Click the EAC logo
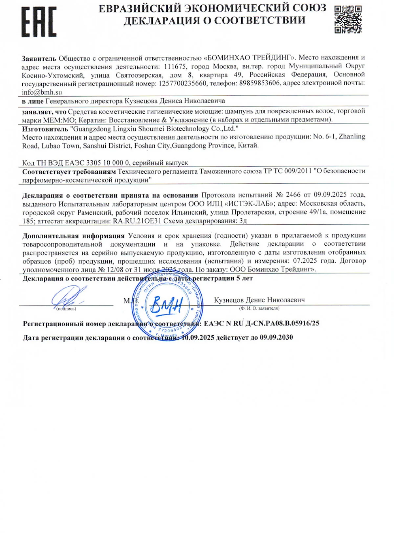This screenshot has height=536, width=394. coord(39,22)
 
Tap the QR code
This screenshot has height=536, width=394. coord(348,19)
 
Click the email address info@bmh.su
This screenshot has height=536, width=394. coord(42,92)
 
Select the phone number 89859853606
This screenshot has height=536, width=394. coord(259,83)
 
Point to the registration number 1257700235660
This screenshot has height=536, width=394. coord(183,83)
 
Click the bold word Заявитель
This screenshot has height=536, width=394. coord(39,58)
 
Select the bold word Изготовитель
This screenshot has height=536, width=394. coord(45,129)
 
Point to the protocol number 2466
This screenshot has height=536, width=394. coord(293,195)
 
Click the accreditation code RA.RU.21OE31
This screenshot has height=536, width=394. coord(137,221)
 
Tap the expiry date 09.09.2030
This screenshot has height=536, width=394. coord(276,337)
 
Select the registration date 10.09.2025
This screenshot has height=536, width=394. coord(198,337)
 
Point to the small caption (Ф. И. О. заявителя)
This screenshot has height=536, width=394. coord(259,308)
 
